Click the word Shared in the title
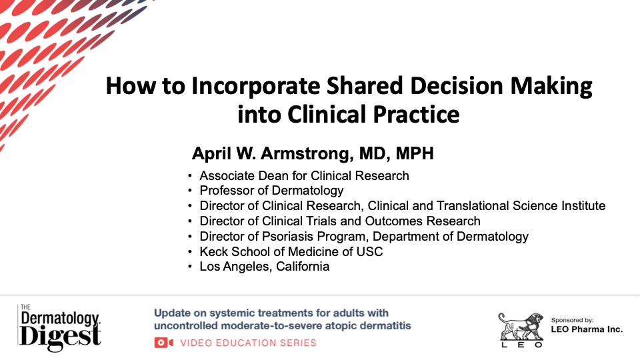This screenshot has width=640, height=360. tap(365, 86)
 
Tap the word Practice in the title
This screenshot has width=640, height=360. tap(416, 114)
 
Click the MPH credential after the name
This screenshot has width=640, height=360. tap(414, 153)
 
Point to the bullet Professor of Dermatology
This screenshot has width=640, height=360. tap(271, 191)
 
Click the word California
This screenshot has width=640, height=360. tap(303, 267)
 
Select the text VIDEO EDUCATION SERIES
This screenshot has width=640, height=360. tap(248, 343)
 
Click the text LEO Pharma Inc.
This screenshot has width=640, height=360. tap(587, 329)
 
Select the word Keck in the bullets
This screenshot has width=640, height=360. tap(213, 251)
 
